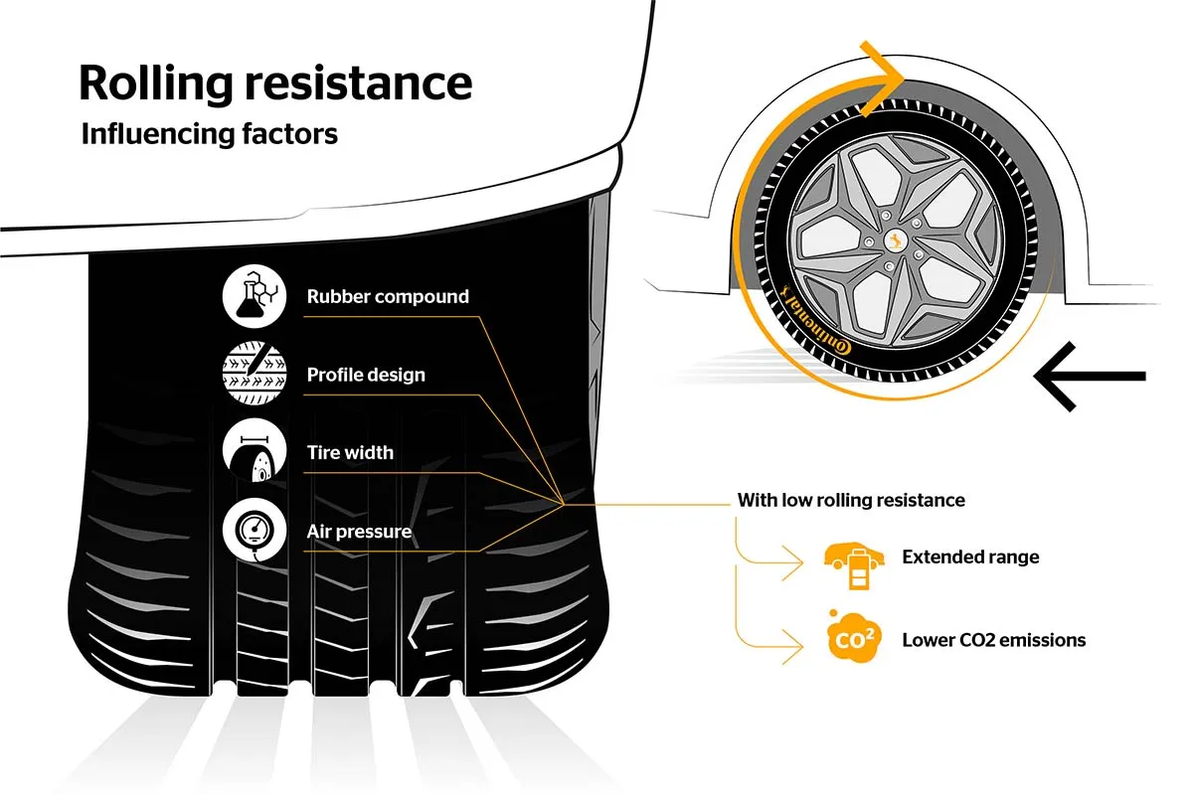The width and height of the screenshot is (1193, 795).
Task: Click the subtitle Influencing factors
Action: point(209,133)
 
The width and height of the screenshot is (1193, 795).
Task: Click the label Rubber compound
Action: point(388,296)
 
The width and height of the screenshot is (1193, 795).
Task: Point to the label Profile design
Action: point(366,375)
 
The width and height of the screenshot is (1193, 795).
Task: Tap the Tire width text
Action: point(350,452)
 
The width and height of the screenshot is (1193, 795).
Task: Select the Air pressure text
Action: point(359,531)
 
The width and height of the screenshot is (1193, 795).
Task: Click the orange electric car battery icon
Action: point(853,561)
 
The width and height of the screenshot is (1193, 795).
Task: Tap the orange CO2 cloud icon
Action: point(853,640)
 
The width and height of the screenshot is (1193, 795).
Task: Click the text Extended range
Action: point(970,556)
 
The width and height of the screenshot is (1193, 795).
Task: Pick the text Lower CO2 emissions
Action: point(993,640)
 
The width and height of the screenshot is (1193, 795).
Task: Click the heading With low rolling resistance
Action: point(851,499)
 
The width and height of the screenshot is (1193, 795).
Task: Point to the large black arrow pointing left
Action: point(1090,376)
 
